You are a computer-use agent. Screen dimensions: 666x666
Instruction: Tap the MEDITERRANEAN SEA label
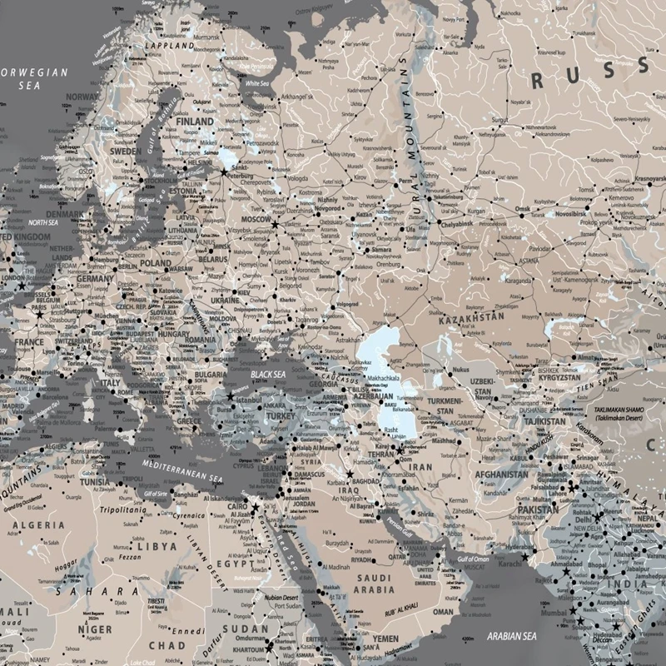pos(181,470)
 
